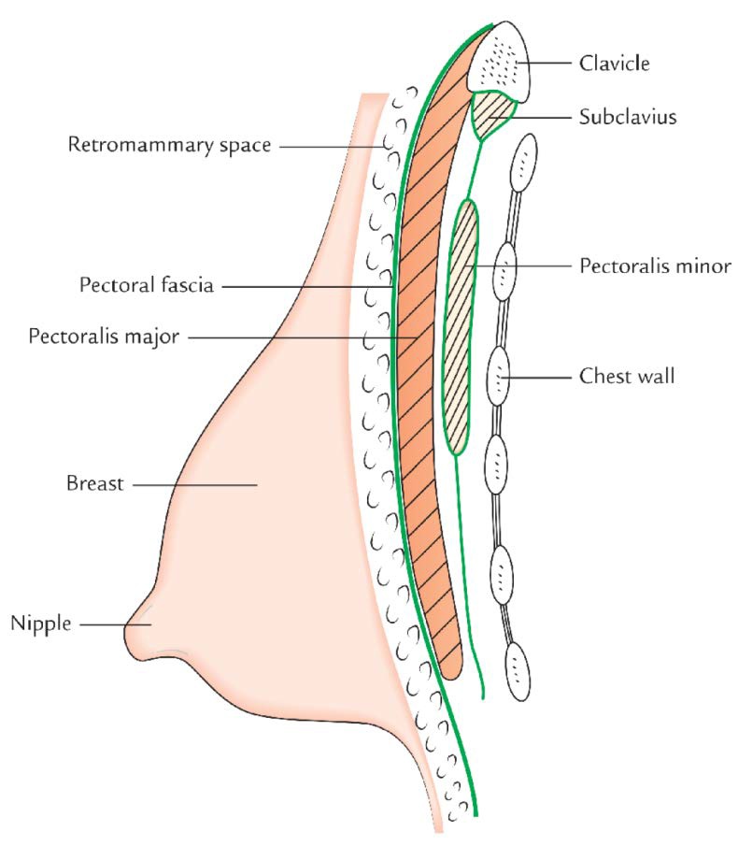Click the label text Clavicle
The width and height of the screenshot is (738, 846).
pos(613,65)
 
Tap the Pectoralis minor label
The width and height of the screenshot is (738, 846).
pos(654,266)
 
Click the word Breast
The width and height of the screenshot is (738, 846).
pos(94,484)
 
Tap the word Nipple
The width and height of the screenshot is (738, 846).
pos(40,623)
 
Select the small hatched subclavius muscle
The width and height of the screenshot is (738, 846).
pos(492,113)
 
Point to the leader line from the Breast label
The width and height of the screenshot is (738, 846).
pos(196,484)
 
